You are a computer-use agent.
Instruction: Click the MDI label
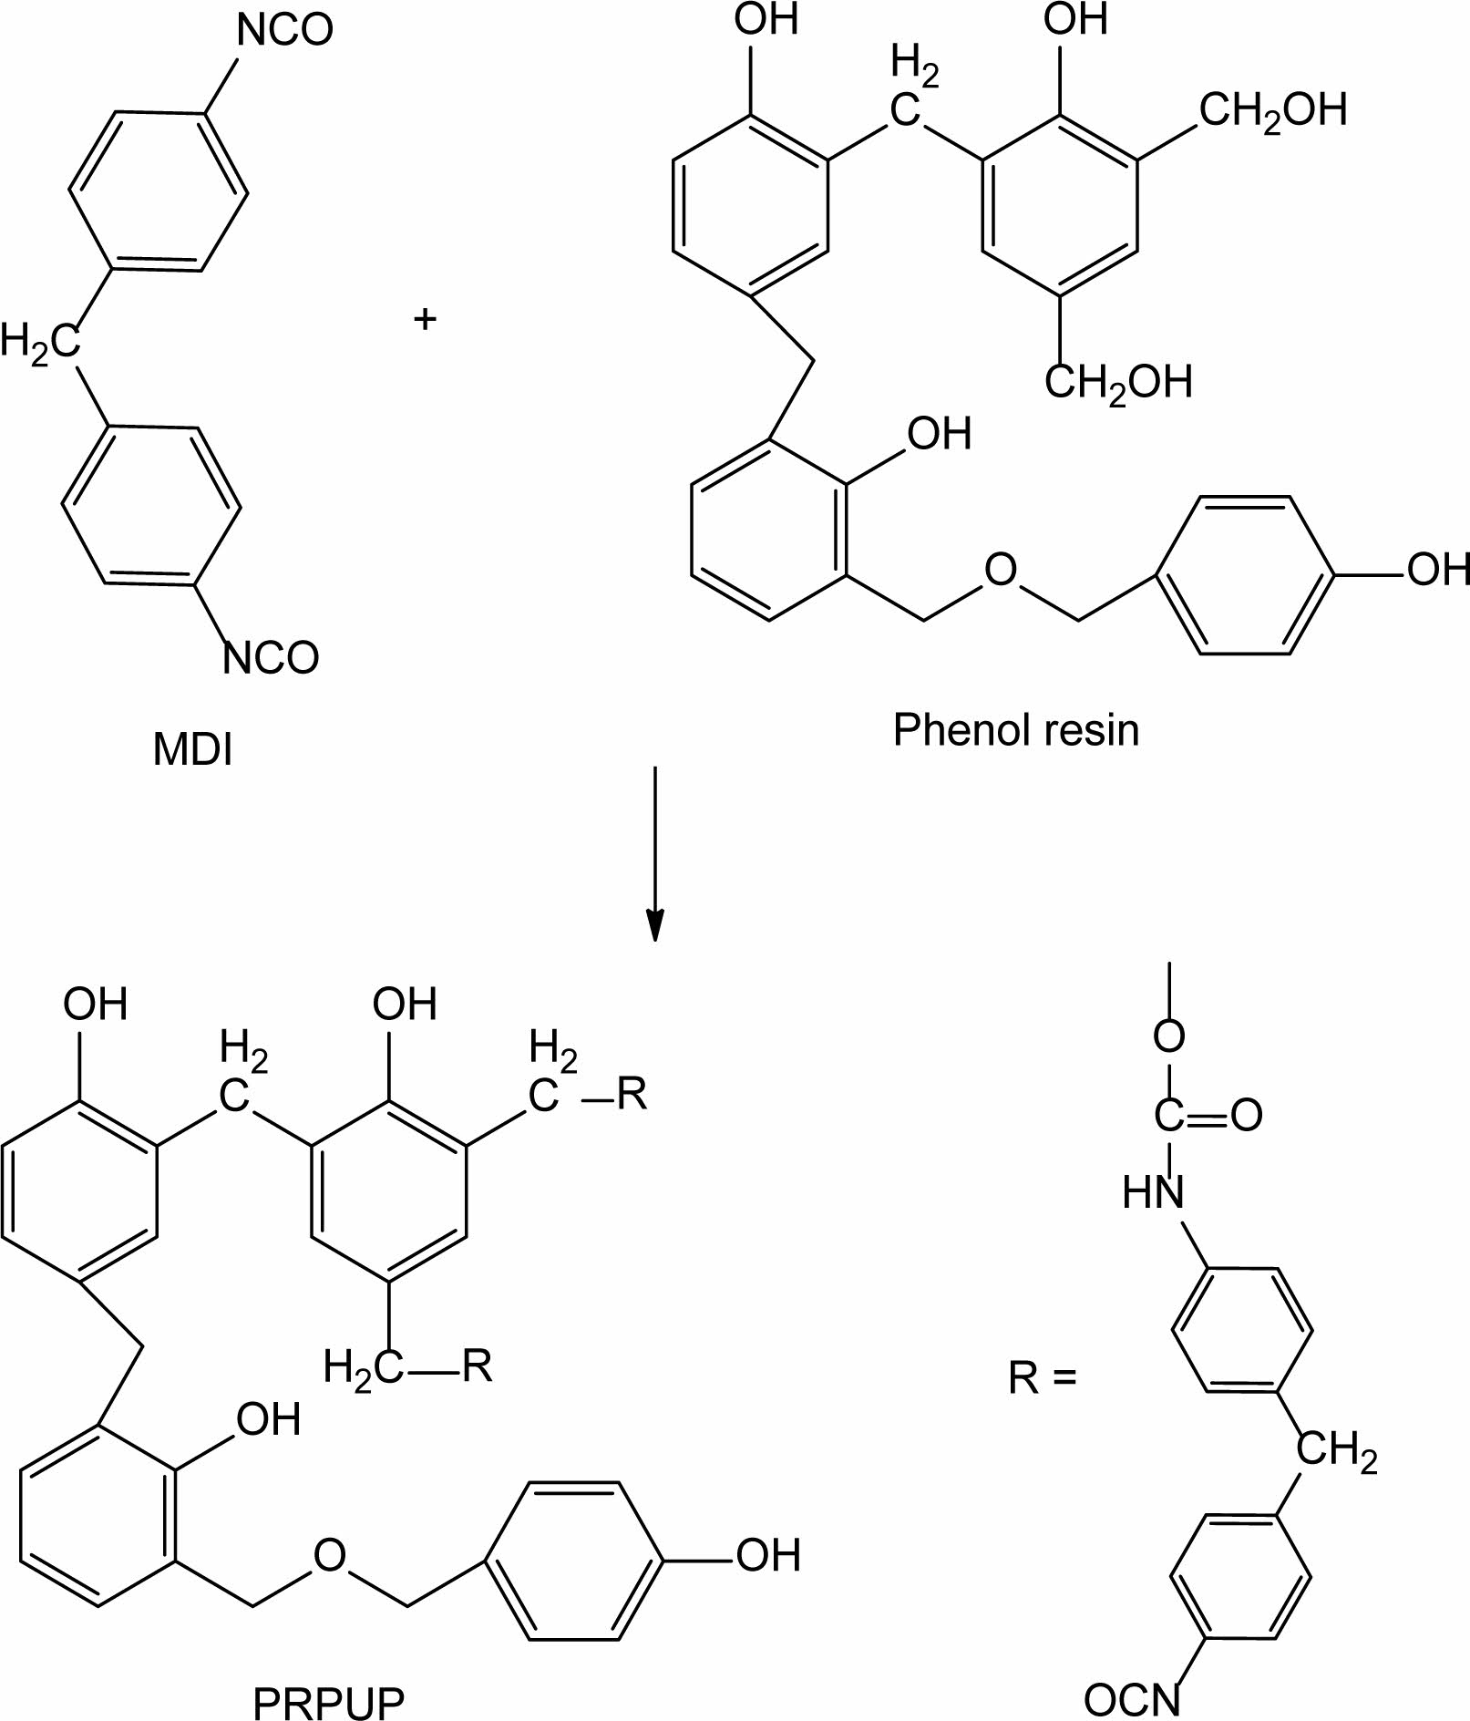(192, 750)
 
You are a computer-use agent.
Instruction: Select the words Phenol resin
(1015, 730)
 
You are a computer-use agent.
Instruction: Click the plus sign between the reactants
(425, 319)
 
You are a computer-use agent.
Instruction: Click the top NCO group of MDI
(285, 31)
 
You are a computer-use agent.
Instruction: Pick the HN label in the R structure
(1153, 1192)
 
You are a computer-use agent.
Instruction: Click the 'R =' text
(1043, 1379)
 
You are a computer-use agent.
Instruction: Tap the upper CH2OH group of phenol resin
(1272, 110)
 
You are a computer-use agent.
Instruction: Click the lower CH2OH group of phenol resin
(1118, 382)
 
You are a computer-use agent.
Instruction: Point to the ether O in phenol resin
(1000, 571)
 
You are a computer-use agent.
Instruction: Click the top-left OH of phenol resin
(766, 20)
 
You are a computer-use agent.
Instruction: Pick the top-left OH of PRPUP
(95, 1005)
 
